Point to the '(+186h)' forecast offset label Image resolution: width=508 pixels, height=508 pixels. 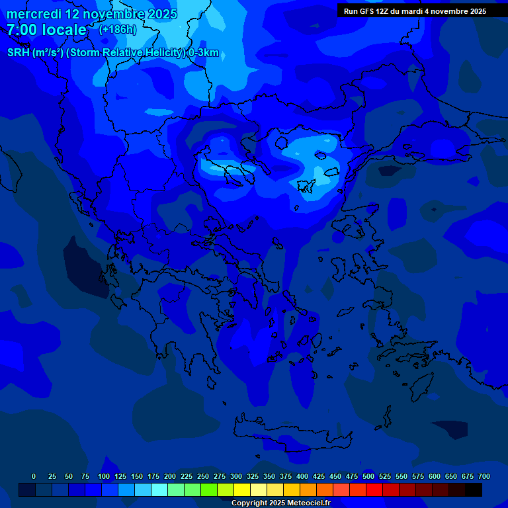pos(117,30)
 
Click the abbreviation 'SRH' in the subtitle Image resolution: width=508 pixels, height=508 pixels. pos(18,54)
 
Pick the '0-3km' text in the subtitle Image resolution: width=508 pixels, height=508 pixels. pos(204,54)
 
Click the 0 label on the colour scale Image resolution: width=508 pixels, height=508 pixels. pos(34,476)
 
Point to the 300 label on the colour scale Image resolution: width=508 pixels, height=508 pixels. pos(236,476)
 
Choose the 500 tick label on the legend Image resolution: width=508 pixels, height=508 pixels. pos(368,476)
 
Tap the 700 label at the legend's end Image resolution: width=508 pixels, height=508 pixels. pos(484,476)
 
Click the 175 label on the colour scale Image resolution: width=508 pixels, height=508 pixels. pos(153,476)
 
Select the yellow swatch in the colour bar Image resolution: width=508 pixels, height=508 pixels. pos(242,489)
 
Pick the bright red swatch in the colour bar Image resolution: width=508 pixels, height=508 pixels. pos(374,489)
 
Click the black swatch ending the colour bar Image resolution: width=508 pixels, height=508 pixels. pos(474,489)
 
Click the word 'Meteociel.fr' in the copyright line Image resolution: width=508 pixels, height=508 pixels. pos(308,503)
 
